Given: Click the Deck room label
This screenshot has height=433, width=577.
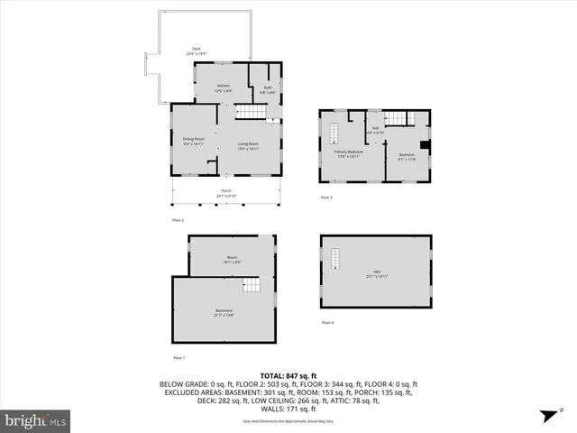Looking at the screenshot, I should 197,51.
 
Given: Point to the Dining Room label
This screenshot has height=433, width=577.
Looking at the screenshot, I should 194,141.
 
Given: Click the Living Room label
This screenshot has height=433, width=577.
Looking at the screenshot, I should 248,146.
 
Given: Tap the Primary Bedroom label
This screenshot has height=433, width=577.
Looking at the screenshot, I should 349,153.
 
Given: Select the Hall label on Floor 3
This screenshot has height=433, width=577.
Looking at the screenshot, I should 376,130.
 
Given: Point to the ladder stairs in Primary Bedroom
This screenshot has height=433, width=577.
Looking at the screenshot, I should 332,134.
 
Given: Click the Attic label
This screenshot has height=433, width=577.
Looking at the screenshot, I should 378,274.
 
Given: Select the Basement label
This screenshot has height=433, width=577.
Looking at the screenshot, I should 224,312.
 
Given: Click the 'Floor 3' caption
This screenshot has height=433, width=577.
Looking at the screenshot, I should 326,198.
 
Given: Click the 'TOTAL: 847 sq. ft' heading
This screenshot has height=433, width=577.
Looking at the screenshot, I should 288,375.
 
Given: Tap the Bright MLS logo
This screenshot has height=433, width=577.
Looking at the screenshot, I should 36,419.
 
